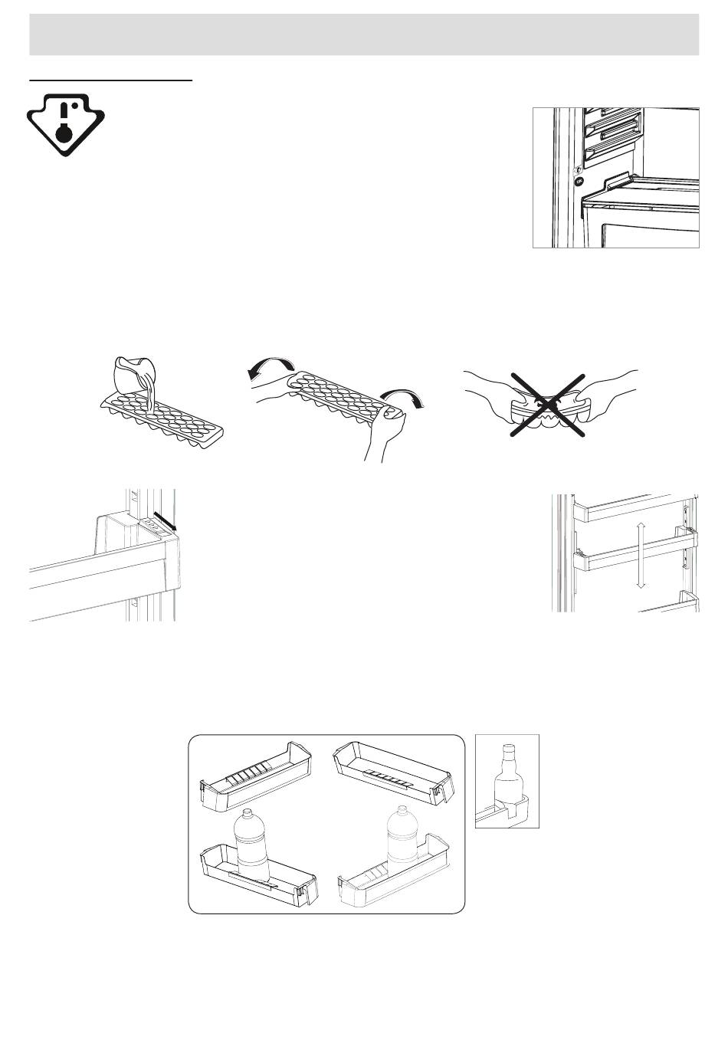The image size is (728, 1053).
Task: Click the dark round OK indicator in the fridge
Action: click(579, 182)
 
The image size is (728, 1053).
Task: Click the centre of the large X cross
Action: click(548, 405)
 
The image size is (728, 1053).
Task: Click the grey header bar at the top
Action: click(364, 34)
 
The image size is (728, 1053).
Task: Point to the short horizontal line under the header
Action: click(110, 79)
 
